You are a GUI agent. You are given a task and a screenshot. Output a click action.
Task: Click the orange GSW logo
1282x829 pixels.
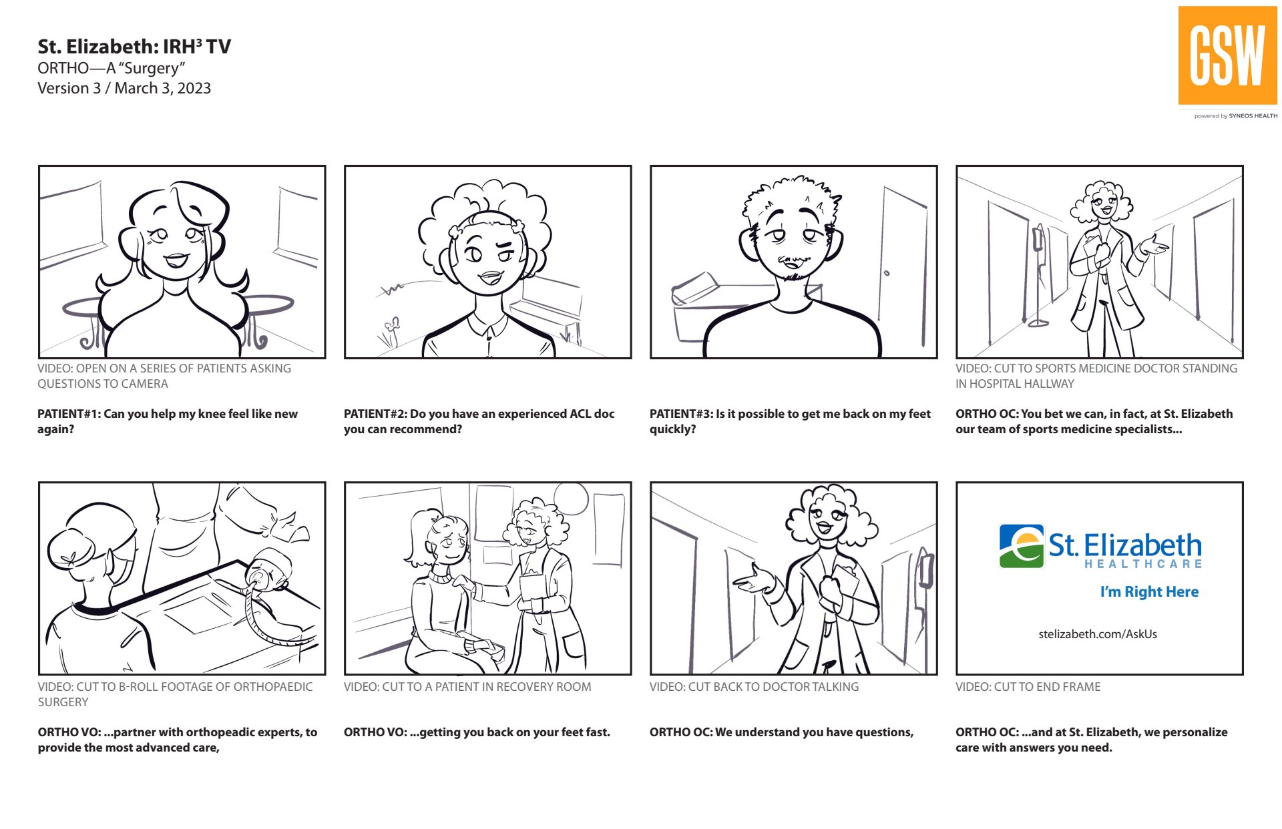1227,55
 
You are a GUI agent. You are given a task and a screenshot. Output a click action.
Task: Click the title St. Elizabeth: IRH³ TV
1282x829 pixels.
134,47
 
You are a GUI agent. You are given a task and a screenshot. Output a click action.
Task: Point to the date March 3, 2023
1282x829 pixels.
162,88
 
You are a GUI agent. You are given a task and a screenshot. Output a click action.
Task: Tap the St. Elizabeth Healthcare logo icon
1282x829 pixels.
1021,546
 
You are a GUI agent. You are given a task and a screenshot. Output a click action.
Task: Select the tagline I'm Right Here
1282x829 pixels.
1149,591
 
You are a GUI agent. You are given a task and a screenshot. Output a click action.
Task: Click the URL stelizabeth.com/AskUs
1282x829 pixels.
1098,634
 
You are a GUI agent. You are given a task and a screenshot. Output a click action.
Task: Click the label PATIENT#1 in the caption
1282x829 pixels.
69,414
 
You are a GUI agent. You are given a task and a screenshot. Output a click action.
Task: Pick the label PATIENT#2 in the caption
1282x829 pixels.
375,414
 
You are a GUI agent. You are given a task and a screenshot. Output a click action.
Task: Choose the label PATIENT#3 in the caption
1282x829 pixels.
681,414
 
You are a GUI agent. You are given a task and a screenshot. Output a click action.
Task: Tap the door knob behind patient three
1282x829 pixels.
886,273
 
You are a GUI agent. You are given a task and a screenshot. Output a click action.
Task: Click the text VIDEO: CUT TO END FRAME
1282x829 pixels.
1028,687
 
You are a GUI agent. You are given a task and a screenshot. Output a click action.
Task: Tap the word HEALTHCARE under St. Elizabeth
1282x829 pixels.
1142,564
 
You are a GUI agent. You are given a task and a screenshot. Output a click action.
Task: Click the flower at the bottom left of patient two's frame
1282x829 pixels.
392,332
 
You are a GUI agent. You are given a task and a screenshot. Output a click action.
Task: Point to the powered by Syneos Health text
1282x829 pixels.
1236,116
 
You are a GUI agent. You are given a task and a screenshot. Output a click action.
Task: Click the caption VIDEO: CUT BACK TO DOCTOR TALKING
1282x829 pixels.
754,687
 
